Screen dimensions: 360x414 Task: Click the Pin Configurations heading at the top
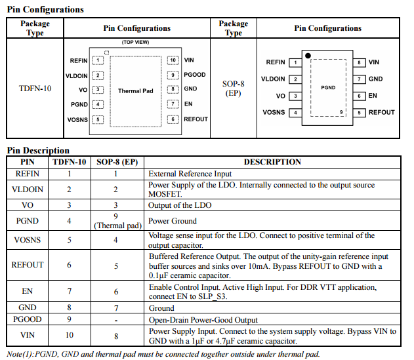coord(45,9)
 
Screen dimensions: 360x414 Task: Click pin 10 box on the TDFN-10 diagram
coord(173,60)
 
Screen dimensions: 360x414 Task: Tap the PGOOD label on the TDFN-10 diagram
coord(195,75)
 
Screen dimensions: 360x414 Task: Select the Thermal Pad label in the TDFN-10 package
coord(135,90)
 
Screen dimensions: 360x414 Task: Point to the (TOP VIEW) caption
coord(136,43)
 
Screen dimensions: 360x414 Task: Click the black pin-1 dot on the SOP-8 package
coord(306,55)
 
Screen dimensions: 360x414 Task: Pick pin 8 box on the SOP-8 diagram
coord(360,62)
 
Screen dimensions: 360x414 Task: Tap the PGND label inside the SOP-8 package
coord(328,87)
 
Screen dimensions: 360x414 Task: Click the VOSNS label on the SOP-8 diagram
coord(274,112)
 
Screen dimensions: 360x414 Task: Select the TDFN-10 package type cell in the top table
coord(35,88)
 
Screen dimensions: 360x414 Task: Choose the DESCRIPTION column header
coord(272,162)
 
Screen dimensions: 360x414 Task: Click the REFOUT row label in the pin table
coord(28,265)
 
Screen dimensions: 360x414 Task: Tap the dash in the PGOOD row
coord(115,320)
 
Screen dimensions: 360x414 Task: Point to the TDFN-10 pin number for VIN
coord(69,336)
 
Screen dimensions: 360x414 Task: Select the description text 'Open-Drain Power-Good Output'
coord(203,320)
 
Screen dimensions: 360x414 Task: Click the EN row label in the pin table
coord(28,291)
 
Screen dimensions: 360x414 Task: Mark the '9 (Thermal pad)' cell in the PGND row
coord(116,221)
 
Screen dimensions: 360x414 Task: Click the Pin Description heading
coord(37,150)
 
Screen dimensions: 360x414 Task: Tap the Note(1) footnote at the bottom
coord(163,354)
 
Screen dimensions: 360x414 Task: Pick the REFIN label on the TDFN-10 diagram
coord(77,60)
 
